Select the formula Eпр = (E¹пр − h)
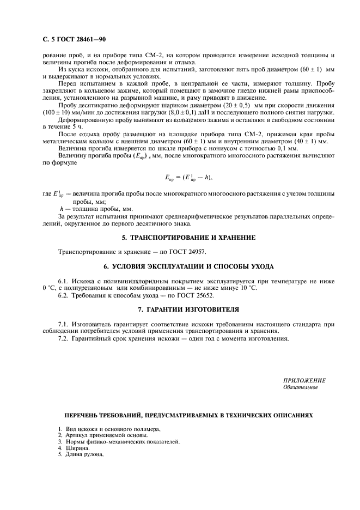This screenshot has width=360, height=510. pos(188,178)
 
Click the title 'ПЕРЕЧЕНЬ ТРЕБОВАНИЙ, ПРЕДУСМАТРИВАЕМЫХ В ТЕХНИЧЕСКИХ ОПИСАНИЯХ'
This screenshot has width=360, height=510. pos(189,415)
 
